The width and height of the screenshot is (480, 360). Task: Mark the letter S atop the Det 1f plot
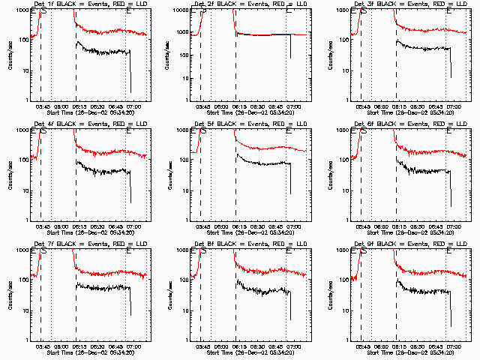(x=43, y=11)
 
